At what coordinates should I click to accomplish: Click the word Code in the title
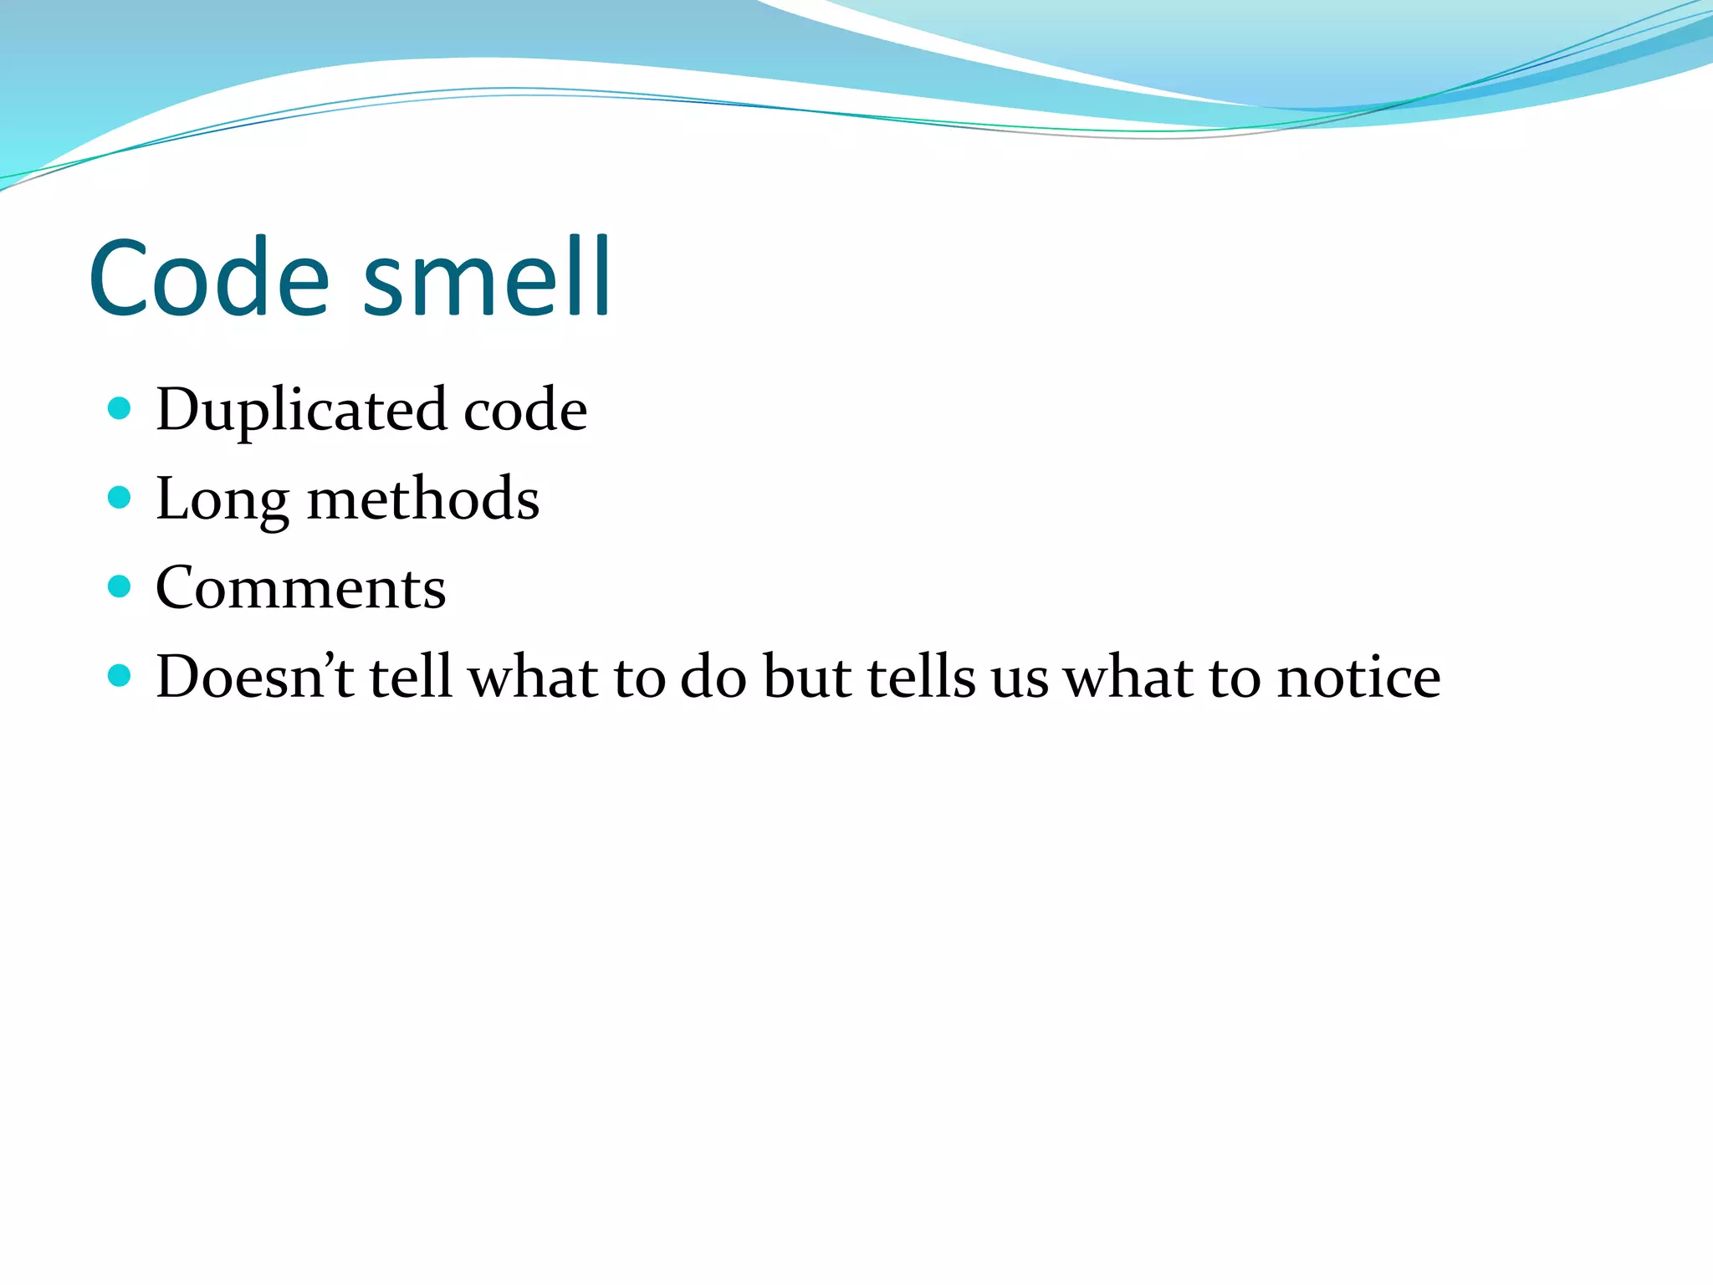pos(209,278)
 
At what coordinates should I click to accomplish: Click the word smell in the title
pos(487,278)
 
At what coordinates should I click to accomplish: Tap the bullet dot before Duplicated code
pos(120,409)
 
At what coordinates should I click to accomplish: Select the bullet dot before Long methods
pos(120,499)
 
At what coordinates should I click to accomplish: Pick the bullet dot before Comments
pos(120,586)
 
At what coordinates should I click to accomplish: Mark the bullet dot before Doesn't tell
pos(120,676)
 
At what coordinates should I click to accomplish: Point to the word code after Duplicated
pos(524,411)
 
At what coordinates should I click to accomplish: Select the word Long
pos(222,500)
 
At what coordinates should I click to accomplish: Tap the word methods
pos(423,500)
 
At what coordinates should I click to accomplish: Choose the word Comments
pos(301,588)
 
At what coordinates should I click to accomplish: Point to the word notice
pos(1358,678)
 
